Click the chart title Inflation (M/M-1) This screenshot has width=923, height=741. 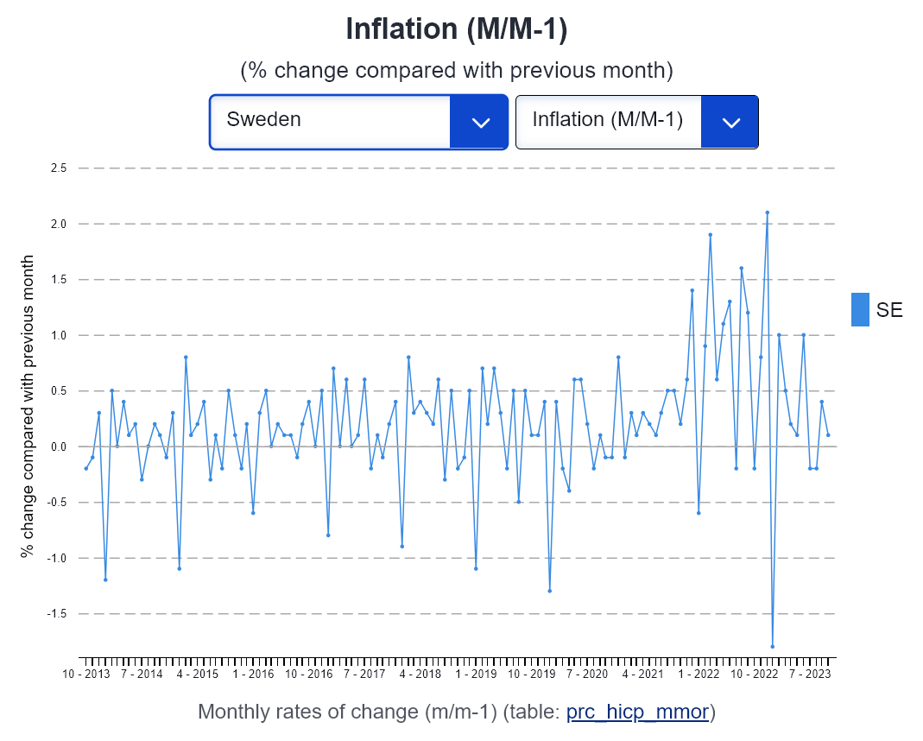pyautogui.click(x=456, y=28)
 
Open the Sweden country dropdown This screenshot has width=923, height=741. pyautogui.click(x=358, y=122)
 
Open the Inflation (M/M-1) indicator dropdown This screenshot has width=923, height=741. pyautogui.click(x=637, y=122)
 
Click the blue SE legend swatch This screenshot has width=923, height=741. pyautogui.click(x=860, y=309)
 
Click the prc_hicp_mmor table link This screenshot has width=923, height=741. pyautogui.click(x=637, y=712)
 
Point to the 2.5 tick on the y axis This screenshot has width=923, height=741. pyautogui.click(x=59, y=168)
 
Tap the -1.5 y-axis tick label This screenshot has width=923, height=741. pyautogui.click(x=57, y=614)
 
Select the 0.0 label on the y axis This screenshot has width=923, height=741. pyautogui.click(x=59, y=446)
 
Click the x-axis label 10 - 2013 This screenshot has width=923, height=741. pyautogui.click(x=86, y=674)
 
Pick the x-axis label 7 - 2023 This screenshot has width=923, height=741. pyautogui.click(x=810, y=674)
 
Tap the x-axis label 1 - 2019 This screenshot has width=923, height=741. pyautogui.click(x=476, y=674)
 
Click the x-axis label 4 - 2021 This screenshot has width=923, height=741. pyautogui.click(x=642, y=674)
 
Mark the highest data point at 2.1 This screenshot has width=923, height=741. pyautogui.click(x=767, y=212)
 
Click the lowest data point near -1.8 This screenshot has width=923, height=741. pyautogui.click(x=772, y=647)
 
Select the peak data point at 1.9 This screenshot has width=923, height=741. pyautogui.click(x=711, y=235)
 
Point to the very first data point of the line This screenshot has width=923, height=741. pyautogui.click(x=86, y=468)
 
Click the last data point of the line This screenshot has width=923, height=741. pyautogui.click(x=828, y=435)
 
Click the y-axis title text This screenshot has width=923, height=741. pyautogui.click(x=27, y=406)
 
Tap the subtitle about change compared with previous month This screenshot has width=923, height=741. pyautogui.click(x=457, y=71)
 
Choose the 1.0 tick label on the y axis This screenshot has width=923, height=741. pyautogui.click(x=59, y=335)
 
